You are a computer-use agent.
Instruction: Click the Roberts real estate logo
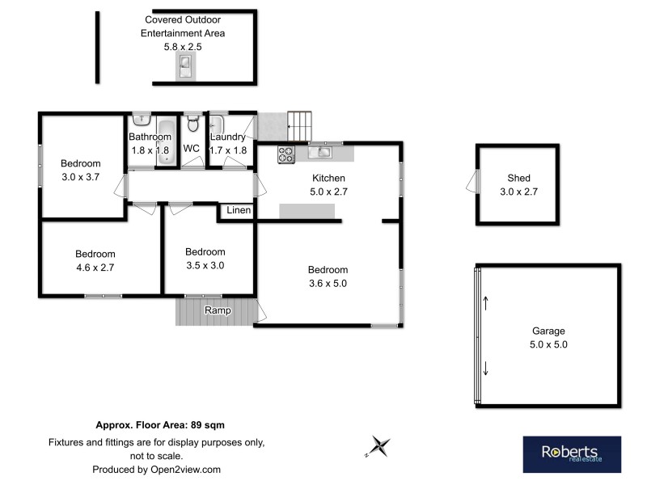571,454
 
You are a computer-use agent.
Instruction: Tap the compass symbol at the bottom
378,446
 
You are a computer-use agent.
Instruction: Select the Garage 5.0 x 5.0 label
548,337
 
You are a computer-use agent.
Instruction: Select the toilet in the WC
192,124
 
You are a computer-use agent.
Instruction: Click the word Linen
238,211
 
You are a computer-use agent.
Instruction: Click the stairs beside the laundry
298,126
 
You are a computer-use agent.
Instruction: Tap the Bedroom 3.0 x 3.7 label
81,170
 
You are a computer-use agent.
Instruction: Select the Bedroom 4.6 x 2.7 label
95,259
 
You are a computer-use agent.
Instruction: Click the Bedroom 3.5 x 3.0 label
205,258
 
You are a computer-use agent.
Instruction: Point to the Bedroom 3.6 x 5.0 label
327,276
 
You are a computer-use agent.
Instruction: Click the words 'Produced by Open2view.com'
156,469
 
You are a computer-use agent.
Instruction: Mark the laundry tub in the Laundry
217,125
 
